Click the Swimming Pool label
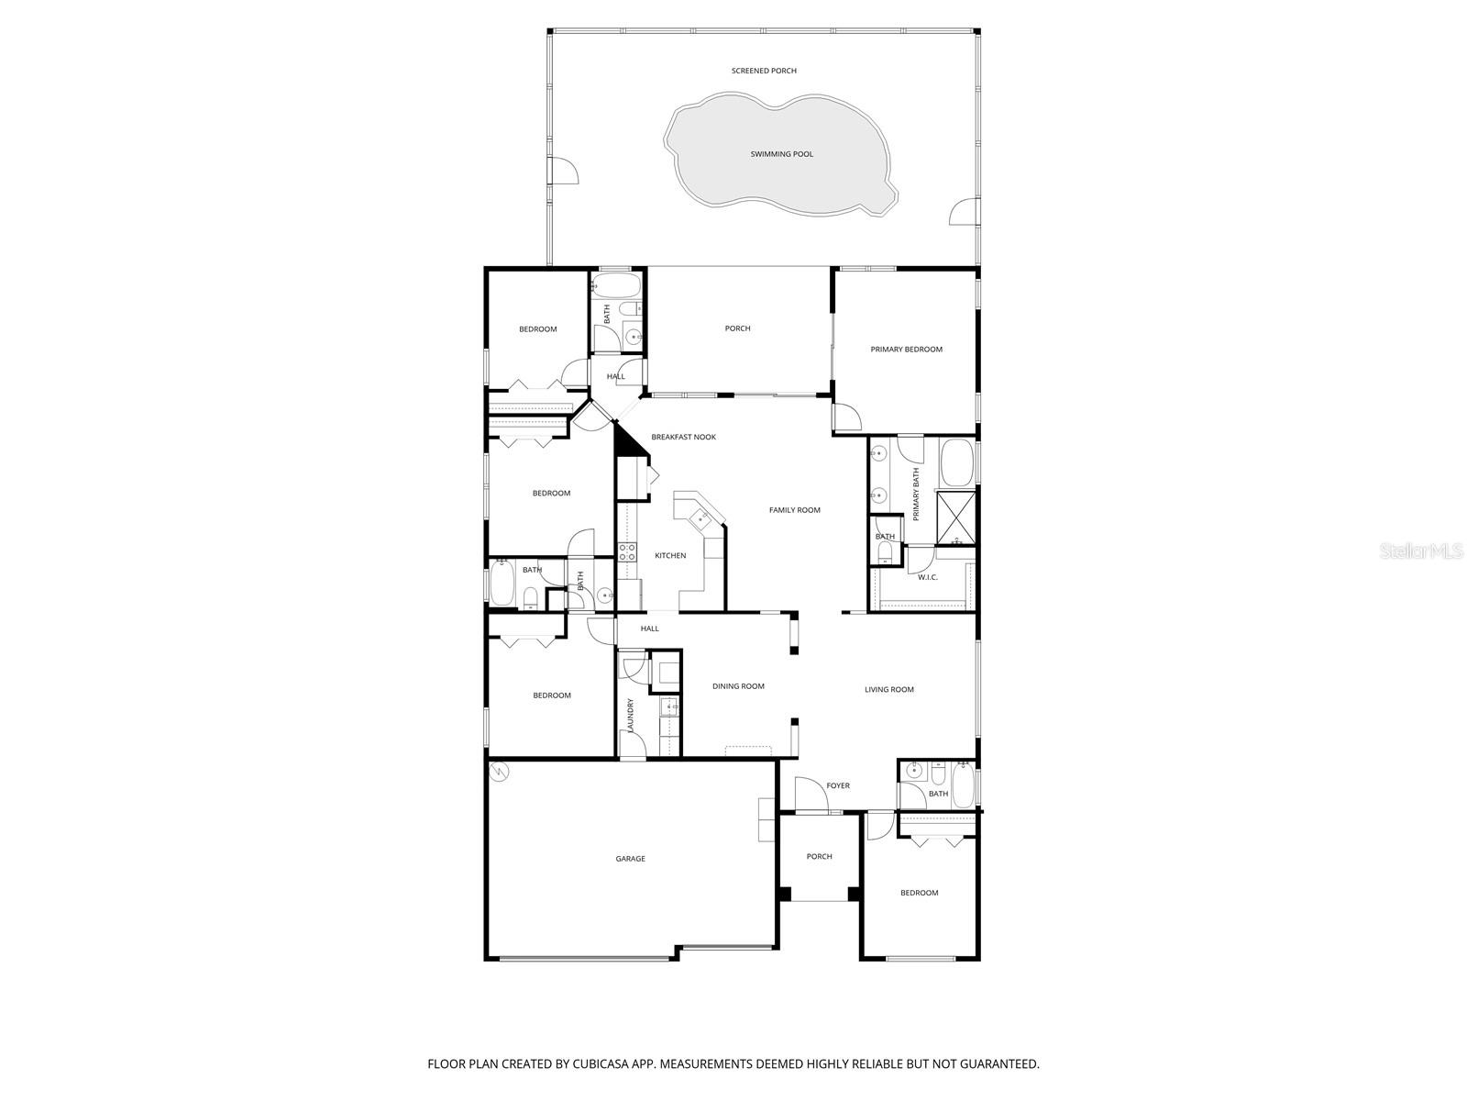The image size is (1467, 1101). [x=782, y=154]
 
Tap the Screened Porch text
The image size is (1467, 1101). [x=764, y=71]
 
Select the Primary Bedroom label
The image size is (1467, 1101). [x=906, y=350]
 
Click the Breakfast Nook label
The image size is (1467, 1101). [x=683, y=438]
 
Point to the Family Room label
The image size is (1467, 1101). [x=794, y=510]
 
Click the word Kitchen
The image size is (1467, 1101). [x=670, y=556]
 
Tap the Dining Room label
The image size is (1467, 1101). [x=738, y=686]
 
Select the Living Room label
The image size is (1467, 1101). [x=888, y=690]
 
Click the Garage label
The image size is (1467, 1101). [x=630, y=859]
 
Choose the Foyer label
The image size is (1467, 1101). [x=837, y=786]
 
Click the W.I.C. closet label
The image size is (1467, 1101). [x=927, y=577]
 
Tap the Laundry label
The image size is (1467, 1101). [x=631, y=716]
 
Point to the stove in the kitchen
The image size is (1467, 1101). [x=628, y=551]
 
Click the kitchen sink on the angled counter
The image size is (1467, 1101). [x=701, y=519]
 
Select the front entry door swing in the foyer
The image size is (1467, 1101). [x=811, y=795]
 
